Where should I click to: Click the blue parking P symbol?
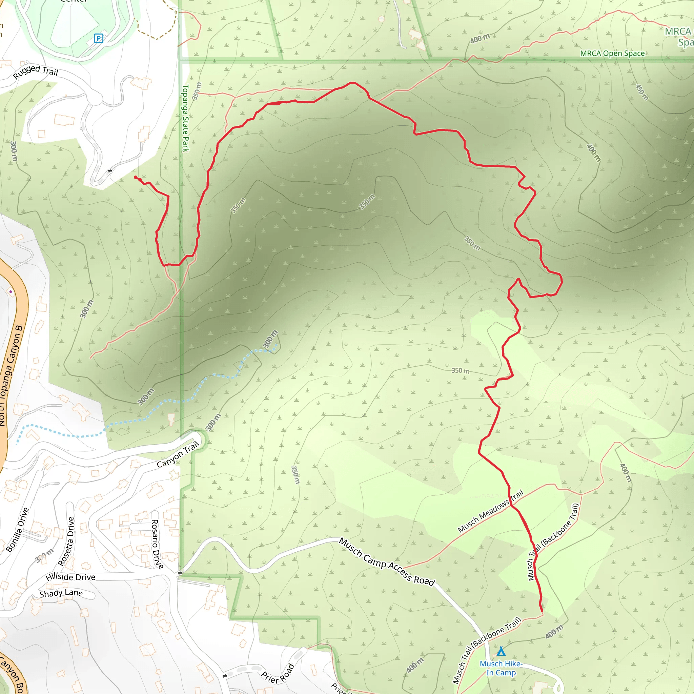tap(98, 38)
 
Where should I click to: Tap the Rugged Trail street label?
tap(36, 71)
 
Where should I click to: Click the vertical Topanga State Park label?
tap(185, 118)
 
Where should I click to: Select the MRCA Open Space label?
tap(612, 54)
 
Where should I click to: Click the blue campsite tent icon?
tap(501, 651)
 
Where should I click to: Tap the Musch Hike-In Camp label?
tap(501, 668)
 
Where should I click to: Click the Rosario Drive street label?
tap(157, 544)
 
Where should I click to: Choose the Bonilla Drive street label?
tap(17, 530)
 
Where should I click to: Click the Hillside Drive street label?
tap(70, 577)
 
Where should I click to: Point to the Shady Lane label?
tap(61, 593)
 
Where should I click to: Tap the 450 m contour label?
tap(642, 92)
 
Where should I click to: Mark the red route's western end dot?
tap(136, 178)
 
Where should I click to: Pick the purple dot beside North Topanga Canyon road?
tap(11, 291)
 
